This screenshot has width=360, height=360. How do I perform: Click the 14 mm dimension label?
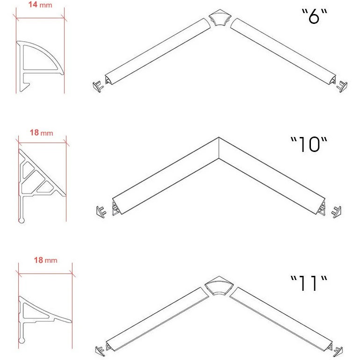point(40,4)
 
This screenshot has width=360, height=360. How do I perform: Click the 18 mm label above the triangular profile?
point(41,132)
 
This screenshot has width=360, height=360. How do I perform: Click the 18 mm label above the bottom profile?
point(45,260)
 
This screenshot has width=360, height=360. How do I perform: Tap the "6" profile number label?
point(314,16)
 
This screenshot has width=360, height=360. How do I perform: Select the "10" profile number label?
point(309,144)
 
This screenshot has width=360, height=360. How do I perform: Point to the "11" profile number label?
point(309,283)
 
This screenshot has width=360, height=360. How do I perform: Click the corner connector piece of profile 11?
point(219,285)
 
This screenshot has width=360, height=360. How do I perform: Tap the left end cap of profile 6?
point(98,87)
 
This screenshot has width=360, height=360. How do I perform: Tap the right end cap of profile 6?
point(342,86)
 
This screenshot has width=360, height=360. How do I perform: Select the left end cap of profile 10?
point(101,212)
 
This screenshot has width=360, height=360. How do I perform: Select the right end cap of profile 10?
point(336,212)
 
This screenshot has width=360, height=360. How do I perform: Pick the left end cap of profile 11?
point(100,351)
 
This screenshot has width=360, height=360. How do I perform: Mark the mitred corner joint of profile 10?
point(219,148)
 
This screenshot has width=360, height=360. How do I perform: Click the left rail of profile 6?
point(158,51)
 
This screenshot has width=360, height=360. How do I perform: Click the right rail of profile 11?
point(281,319)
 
